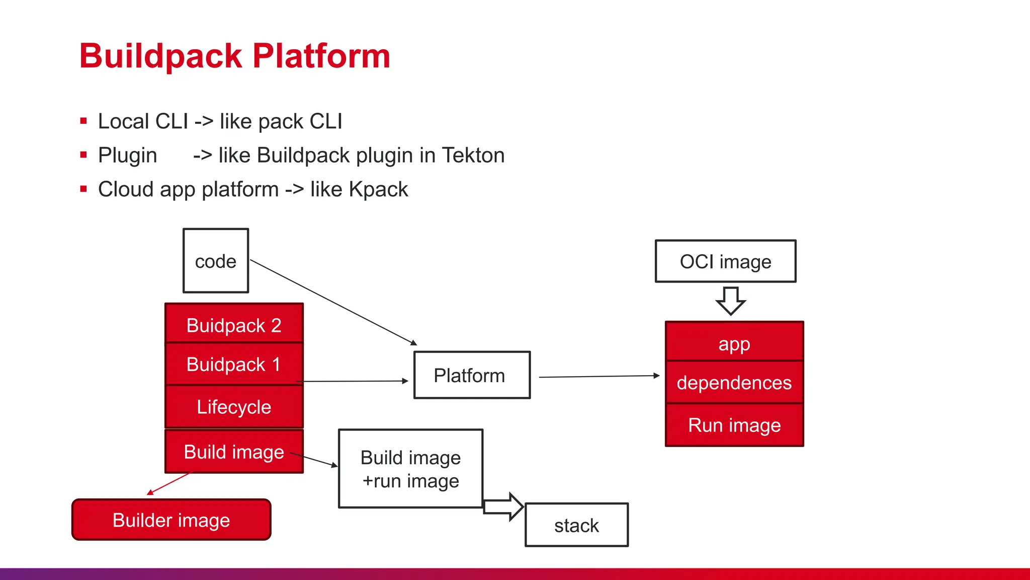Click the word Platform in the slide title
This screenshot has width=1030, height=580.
tap(321, 56)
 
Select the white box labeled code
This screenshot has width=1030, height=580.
tap(216, 261)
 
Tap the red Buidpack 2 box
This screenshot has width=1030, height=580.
tap(234, 324)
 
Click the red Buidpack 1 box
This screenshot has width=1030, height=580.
tap(234, 364)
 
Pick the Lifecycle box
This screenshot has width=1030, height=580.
tap(234, 407)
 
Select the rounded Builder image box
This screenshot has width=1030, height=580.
tap(171, 520)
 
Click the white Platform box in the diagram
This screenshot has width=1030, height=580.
tap(472, 375)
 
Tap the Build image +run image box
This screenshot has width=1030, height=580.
tap(410, 469)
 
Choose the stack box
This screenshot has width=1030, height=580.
tap(576, 525)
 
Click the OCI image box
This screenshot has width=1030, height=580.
tap(725, 261)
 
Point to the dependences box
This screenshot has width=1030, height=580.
tap(734, 383)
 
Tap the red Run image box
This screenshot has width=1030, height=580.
tap(734, 425)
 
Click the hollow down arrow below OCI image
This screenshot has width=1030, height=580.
tap(731, 301)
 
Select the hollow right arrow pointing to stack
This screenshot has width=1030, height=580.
tap(503, 506)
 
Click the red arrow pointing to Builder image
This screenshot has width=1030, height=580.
tap(169, 483)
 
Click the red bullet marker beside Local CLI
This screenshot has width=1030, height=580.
tap(83, 121)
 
